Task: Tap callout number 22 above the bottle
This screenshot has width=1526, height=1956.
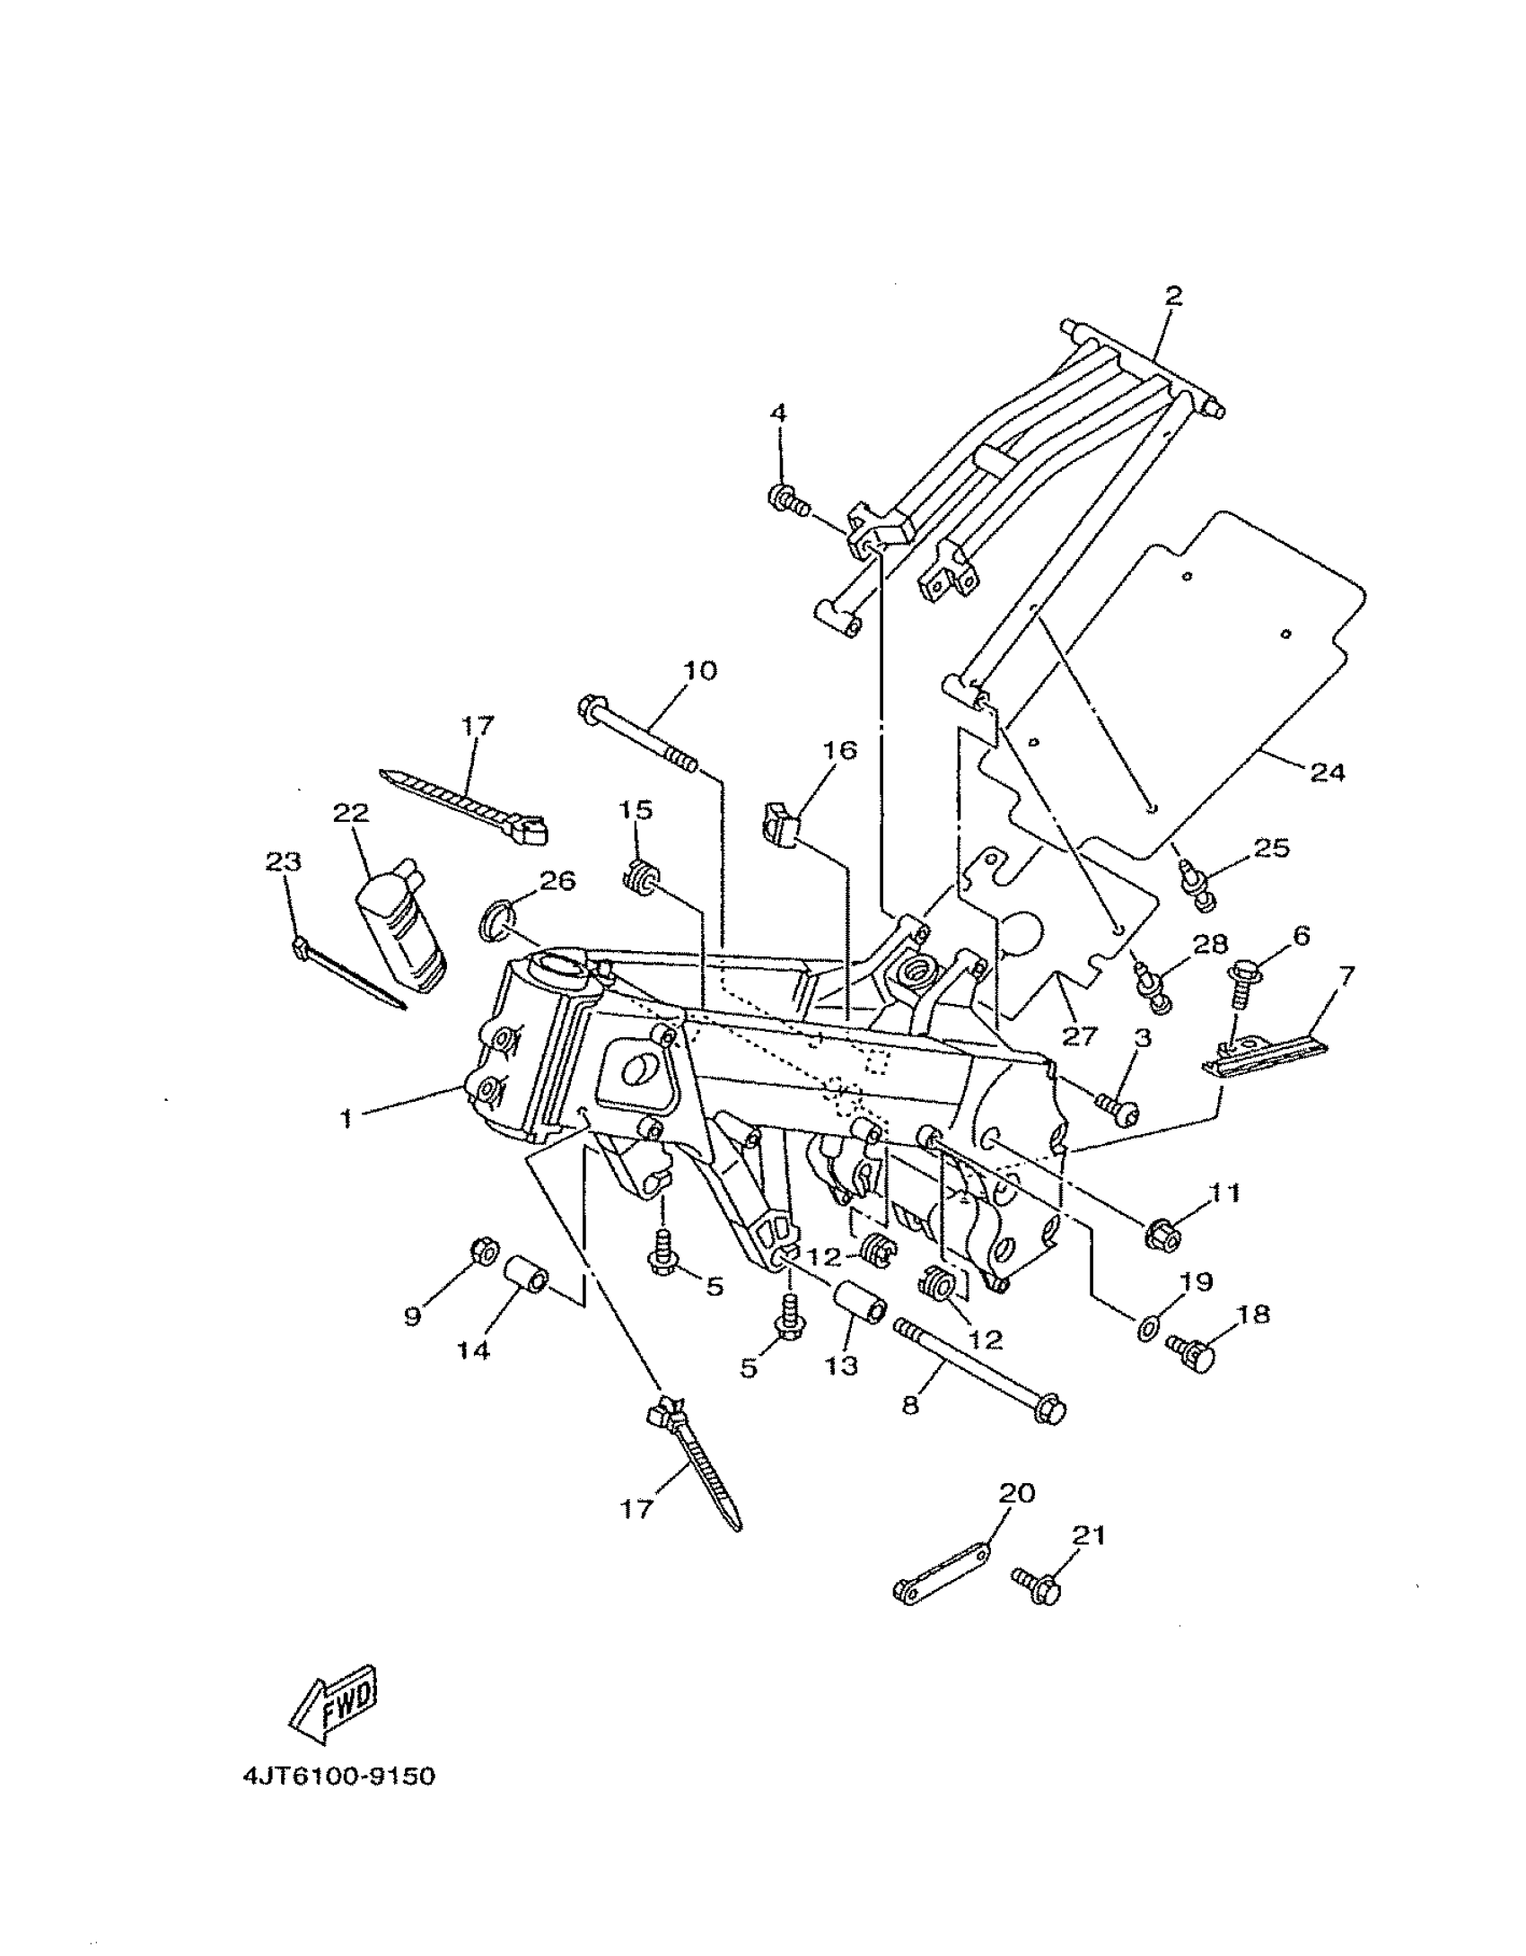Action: point(351,813)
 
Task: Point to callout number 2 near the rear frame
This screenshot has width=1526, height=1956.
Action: point(1173,295)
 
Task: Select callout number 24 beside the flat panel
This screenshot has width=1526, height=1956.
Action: point(1328,772)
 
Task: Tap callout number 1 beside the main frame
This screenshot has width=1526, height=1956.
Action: point(346,1119)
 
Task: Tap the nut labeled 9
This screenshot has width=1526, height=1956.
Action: point(484,1248)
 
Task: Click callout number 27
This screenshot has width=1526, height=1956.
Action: point(1079,1036)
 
